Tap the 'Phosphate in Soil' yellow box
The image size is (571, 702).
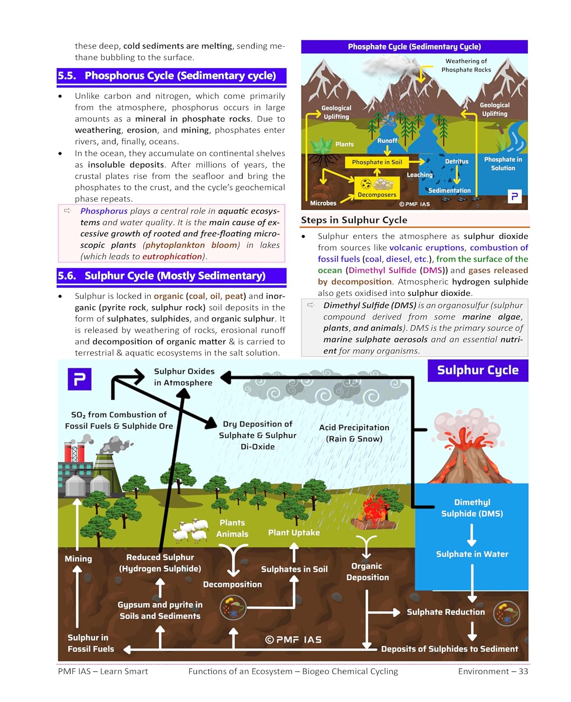(x=377, y=162)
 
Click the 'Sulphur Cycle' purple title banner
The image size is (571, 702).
(x=477, y=370)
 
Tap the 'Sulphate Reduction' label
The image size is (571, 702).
(x=446, y=612)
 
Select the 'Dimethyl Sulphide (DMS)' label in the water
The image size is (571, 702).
(x=472, y=508)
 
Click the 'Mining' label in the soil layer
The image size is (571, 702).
(x=78, y=559)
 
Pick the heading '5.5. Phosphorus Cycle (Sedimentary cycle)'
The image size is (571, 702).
(x=171, y=76)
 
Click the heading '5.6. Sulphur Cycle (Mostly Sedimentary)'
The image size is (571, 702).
(x=171, y=276)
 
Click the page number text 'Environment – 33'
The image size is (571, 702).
(x=493, y=672)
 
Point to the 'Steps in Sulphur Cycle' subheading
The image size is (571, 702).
(x=354, y=220)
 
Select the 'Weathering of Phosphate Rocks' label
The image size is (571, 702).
(x=466, y=66)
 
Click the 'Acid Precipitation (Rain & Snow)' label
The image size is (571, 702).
(x=354, y=433)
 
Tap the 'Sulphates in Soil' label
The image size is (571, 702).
(x=294, y=570)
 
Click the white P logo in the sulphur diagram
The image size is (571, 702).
(x=80, y=379)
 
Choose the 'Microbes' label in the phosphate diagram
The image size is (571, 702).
(x=323, y=203)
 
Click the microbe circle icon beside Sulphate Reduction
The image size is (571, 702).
(x=506, y=614)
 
